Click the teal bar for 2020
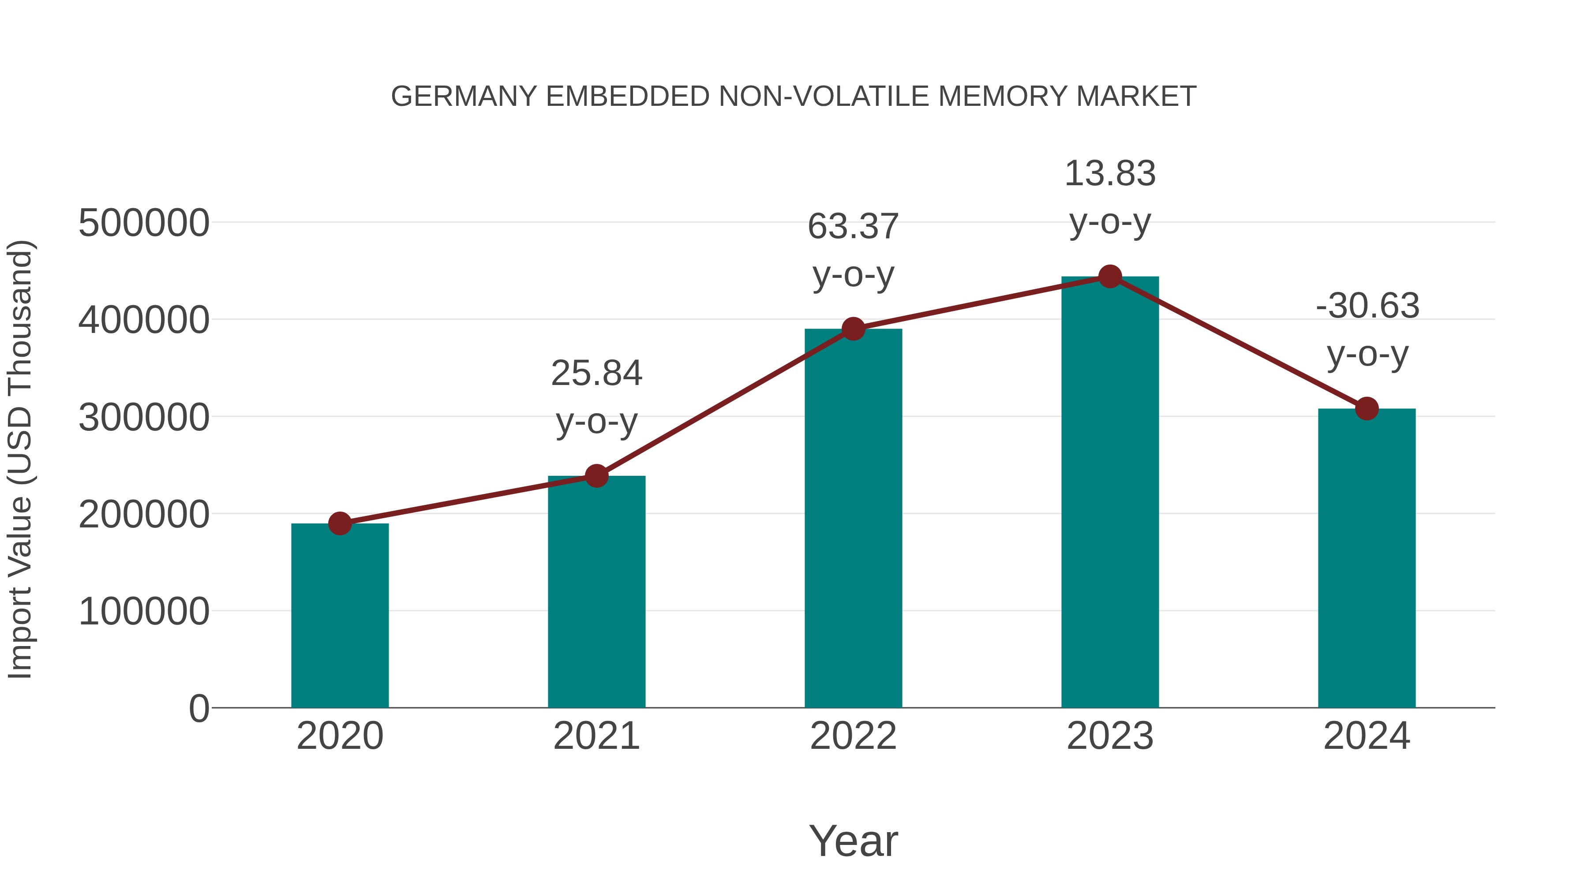tap(340, 617)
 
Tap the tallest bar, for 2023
tap(1110, 493)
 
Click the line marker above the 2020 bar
tap(340, 524)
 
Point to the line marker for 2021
tap(596, 476)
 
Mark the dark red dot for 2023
tap(1110, 276)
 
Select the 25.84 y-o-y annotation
tap(596, 397)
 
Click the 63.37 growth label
tap(853, 250)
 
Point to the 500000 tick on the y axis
tap(144, 223)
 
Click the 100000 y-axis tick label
tap(144, 612)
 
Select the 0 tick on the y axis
tap(199, 709)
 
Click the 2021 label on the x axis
tap(596, 736)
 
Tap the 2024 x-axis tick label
tap(1367, 736)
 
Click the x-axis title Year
tap(853, 841)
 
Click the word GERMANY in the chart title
tap(464, 97)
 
